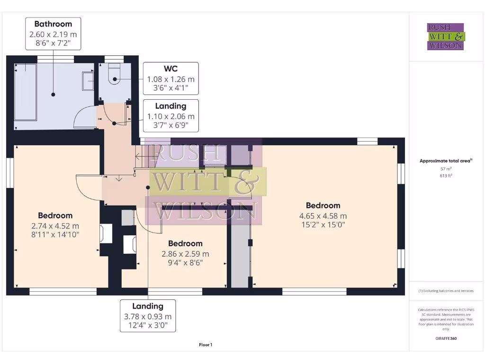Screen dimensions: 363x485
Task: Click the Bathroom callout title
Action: [x=53, y=24]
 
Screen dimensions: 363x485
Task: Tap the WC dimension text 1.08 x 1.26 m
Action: [x=171, y=79]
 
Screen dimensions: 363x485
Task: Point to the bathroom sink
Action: [x=89, y=81]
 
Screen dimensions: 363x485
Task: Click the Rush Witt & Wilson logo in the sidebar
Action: [x=446, y=36]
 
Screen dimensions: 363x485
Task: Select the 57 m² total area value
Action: [x=445, y=168]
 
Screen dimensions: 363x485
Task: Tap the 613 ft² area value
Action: [x=445, y=175]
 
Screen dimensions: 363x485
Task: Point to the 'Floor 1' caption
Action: [x=206, y=345]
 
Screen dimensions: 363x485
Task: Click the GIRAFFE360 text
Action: [x=445, y=338]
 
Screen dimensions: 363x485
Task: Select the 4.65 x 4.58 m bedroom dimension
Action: [x=323, y=216]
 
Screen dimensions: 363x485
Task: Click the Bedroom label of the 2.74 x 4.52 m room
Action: [x=55, y=216]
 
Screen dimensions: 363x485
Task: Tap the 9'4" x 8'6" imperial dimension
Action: [x=185, y=263]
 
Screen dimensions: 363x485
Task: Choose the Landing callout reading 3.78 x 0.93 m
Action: [x=148, y=316]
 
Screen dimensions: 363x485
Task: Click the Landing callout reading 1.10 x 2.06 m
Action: [x=171, y=116]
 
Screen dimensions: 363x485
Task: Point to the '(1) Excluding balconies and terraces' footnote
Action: [x=445, y=291]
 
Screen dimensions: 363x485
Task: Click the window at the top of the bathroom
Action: [x=55, y=59]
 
